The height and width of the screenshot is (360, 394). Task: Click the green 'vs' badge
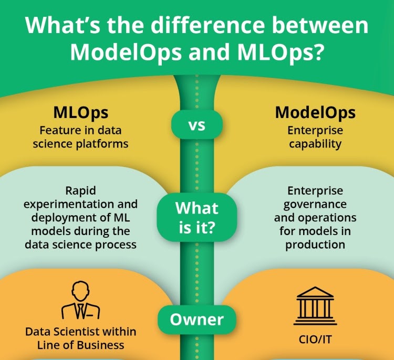[x=197, y=124]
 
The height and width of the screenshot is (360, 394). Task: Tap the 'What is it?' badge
[x=197, y=217]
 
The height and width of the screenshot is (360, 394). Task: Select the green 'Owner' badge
[x=197, y=320]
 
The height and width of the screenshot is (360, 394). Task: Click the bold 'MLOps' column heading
[x=81, y=113]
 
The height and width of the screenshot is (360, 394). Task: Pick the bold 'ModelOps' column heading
[x=315, y=112]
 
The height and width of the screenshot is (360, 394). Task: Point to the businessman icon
[x=81, y=300]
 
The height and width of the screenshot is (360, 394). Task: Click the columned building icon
[x=315, y=306]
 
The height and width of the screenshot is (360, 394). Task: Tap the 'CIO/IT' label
[x=315, y=340]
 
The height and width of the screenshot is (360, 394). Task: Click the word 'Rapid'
[x=81, y=191]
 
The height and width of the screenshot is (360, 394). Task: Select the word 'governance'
[x=315, y=205]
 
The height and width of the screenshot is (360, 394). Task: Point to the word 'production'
[x=315, y=245]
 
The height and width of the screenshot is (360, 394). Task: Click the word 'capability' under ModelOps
[x=315, y=144]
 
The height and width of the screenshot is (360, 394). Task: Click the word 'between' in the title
[x=320, y=25]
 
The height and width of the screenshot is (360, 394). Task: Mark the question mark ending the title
[x=317, y=52]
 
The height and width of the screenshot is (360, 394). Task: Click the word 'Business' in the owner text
[x=100, y=345]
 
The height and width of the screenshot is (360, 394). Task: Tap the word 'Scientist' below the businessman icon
[x=76, y=332]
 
